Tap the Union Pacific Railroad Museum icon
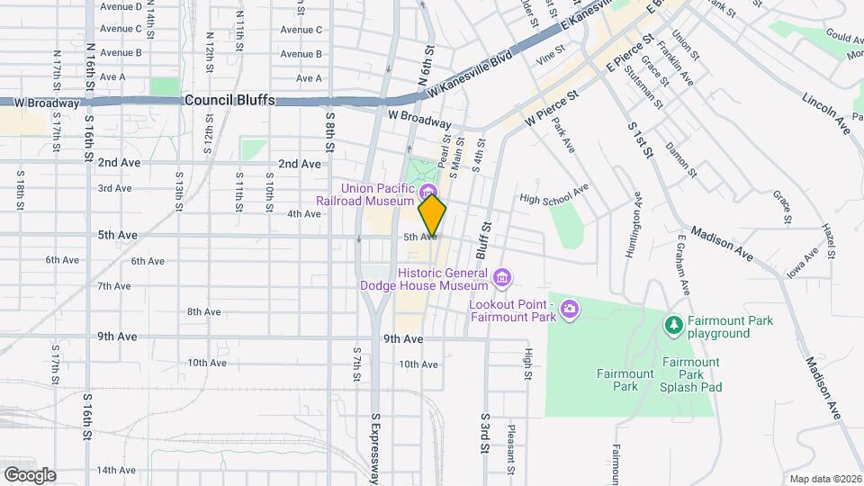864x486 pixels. (x=429, y=189)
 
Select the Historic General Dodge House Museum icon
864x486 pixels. (x=502, y=274)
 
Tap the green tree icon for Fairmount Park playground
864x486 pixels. (x=672, y=323)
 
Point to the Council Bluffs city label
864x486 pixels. (x=229, y=101)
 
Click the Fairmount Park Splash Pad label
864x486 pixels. (x=690, y=374)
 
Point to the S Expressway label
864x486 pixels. (x=376, y=446)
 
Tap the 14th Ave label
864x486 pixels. (x=117, y=470)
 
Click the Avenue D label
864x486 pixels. (x=121, y=6)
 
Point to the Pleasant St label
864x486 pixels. (x=510, y=449)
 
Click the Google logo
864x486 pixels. (x=30, y=474)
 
